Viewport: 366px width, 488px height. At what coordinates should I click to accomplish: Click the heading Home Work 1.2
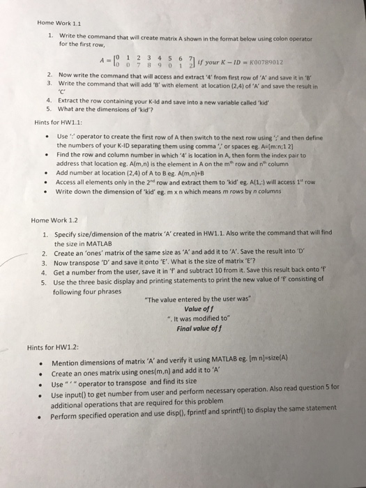click(54, 220)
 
